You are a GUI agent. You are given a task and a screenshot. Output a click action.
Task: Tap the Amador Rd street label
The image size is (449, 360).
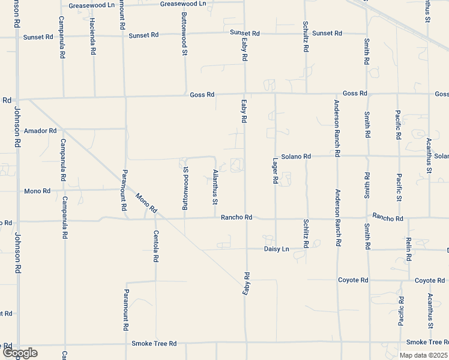click(x=40, y=130)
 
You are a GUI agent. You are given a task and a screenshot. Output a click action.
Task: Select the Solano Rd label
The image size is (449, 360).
click(x=298, y=156)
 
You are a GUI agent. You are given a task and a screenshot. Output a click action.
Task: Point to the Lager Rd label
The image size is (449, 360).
click(x=275, y=172)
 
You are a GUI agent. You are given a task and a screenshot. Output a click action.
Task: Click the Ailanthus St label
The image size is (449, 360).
click(x=215, y=187)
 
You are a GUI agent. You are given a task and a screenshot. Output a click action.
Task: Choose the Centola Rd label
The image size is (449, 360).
click(x=155, y=246)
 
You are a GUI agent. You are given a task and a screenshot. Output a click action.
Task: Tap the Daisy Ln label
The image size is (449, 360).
click(x=277, y=248)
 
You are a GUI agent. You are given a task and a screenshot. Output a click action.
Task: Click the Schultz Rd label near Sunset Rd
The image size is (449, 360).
click(x=306, y=35)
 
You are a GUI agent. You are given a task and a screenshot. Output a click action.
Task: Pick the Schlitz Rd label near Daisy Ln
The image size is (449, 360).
click(x=306, y=234)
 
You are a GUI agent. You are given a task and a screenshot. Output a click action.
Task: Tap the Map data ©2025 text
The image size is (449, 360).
click(x=423, y=355)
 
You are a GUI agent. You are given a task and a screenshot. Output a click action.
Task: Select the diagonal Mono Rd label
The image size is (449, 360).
click(x=146, y=203)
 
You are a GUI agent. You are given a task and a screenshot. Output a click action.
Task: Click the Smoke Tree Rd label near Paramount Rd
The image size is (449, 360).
click(x=154, y=344)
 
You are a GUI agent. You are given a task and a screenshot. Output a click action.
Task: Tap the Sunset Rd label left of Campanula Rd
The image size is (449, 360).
click(x=38, y=37)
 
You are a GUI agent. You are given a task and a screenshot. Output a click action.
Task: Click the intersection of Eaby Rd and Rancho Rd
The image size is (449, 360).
click(x=246, y=218)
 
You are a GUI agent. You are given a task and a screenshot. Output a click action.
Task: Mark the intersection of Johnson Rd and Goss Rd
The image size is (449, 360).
click(x=17, y=99)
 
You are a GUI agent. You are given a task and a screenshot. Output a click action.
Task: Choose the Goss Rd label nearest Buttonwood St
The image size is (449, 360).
click(x=202, y=95)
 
